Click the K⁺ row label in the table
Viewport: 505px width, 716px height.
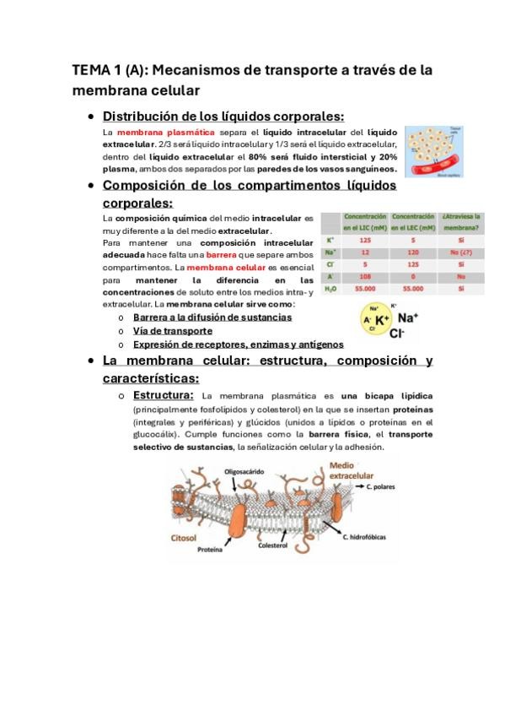(329, 239)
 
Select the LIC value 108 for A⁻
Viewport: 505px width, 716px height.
(365, 274)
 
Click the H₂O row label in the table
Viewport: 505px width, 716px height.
(330, 287)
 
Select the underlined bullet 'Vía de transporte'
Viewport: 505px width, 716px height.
(172, 330)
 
